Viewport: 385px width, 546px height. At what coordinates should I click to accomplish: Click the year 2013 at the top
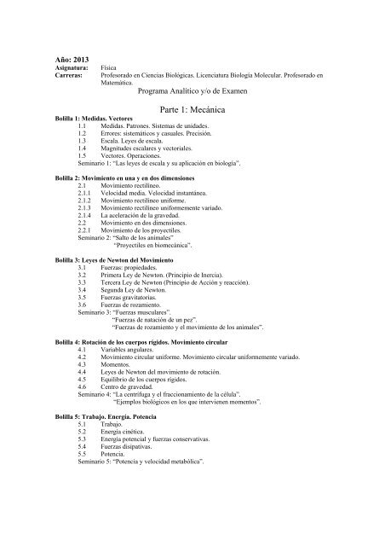[x=71, y=55]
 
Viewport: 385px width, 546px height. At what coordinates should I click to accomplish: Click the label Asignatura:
[x=65, y=64]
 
